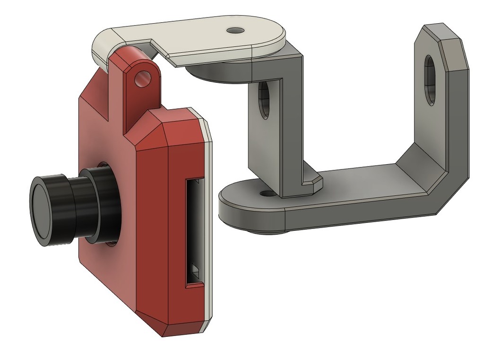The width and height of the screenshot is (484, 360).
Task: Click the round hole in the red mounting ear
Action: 140,79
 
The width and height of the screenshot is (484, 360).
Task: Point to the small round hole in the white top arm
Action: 234,31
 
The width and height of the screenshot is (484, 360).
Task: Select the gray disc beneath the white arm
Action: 213,73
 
